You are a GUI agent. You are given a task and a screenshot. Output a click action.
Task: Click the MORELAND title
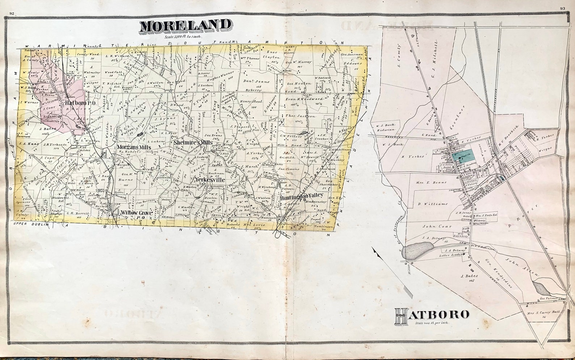point(185,26)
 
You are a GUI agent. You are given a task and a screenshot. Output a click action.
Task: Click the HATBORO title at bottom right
point(432,314)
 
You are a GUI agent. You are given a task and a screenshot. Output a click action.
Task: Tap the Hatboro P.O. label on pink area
point(80,103)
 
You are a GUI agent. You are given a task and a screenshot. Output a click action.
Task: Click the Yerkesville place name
point(210,180)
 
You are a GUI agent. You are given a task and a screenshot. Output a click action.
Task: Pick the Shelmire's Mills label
point(193,143)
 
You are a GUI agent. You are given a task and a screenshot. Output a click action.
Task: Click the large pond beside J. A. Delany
point(419,250)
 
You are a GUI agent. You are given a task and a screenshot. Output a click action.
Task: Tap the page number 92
point(12,13)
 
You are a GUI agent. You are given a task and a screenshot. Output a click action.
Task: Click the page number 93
point(562,8)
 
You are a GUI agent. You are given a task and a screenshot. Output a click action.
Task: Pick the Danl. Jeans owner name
point(256,82)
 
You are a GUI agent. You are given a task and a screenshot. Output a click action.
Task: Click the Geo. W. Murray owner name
point(299,62)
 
